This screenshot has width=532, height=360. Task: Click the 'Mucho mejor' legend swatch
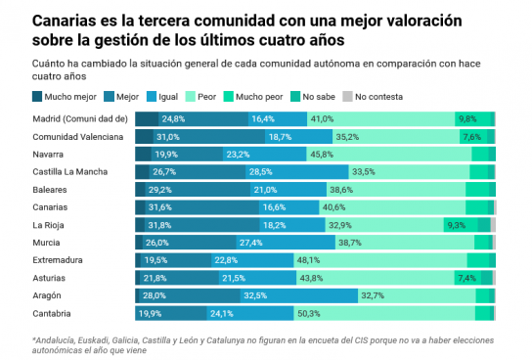(x=37, y=97)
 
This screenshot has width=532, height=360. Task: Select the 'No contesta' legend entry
(x=373, y=97)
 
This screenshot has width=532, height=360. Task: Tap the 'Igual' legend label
(x=168, y=97)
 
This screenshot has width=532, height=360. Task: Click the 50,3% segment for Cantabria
(x=384, y=313)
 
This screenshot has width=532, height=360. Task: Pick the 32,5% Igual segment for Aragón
(x=299, y=295)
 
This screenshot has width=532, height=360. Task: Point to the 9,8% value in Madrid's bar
(x=467, y=119)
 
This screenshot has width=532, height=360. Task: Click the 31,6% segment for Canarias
(x=202, y=207)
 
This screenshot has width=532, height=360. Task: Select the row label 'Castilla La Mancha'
(x=69, y=172)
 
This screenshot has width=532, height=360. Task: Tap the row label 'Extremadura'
(x=58, y=260)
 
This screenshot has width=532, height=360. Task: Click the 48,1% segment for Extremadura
(x=380, y=260)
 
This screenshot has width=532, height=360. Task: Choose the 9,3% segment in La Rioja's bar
(x=461, y=225)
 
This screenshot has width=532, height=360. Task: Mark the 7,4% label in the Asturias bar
(x=466, y=278)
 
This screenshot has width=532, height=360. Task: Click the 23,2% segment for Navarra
(x=265, y=155)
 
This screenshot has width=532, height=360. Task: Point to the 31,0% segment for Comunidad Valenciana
(x=209, y=137)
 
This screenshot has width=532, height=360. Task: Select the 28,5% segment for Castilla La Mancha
(x=297, y=172)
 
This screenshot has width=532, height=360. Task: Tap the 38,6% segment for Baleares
(x=396, y=190)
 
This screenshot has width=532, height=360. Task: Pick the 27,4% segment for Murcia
(x=286, y=243)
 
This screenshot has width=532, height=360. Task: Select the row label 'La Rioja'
(x=48, y=225)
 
